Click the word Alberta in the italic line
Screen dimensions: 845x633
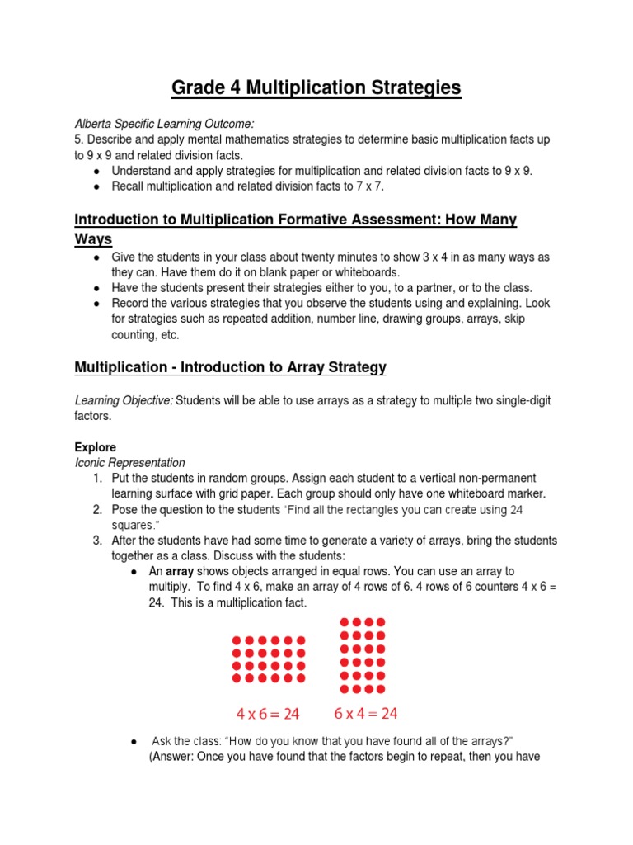coord(95,123)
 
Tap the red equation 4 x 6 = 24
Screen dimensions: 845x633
coord(269,713)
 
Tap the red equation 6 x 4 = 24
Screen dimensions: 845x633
coord(366,713)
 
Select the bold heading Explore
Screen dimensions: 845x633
coord(96,446)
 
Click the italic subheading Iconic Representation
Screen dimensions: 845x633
coord(130,463)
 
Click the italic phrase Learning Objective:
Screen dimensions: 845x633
coord(124,400)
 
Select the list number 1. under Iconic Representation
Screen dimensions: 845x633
coord(97,479)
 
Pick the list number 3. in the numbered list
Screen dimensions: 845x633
coord(97,541)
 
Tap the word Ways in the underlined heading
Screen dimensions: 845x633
coord(93,239)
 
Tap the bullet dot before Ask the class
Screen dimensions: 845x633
coord(134,741)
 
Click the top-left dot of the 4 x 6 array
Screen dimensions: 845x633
coord(237,640)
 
